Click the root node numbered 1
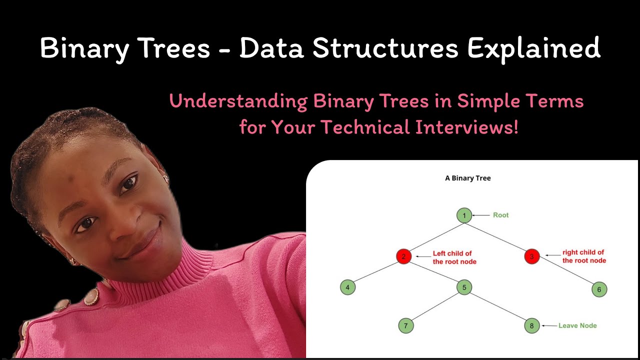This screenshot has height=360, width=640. pyautogui.click(x=464, y=215)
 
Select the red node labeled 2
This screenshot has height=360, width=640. pyautogui.click(x=403, y=256)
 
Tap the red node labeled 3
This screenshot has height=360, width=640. pyautogui.click(x=531, y=257)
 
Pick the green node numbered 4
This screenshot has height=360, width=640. pyautogui.click(x=347, y=287)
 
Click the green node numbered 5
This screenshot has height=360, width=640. pyautogui.click(x=464, y=287)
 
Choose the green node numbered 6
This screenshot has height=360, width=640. pyautogui.click(x=599, y=289)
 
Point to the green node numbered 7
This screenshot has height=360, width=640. pyautogui.click(x=406, y=326)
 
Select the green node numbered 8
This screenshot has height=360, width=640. pyautogui.click(x=531, y=326)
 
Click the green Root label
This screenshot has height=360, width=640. pyautogui.click(x=500, y=215)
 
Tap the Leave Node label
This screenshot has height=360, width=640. pyautogui.click(x=577, y=325)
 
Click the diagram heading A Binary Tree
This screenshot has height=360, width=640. pyautogui.click(x=468, y=178)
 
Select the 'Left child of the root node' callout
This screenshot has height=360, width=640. pyautogui.click(x=454, y=257)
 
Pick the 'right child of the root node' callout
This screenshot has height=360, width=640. pyautogui.click(x=583, y=256)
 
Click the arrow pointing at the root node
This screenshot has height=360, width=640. pyautogui.click(x=481, y=215)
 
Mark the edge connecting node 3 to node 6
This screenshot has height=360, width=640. pyautogui.click(x=565, y=273)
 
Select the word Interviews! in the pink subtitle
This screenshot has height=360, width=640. pyautogui.click(x=466, y=127)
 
